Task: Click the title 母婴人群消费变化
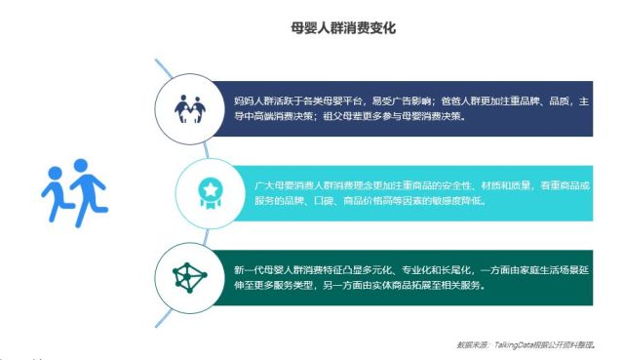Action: click(x=342, y=28)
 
